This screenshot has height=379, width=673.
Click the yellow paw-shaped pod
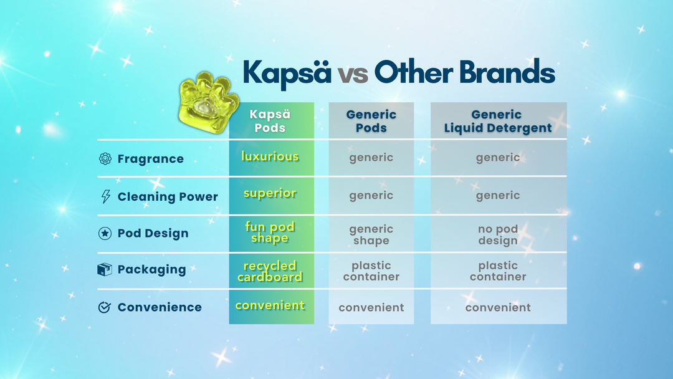(x=209, y=103)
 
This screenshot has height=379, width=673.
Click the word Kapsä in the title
(x=287, y=73)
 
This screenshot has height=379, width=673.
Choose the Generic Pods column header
(x=371, y=121)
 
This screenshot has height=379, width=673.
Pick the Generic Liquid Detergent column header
(x=498, y=121)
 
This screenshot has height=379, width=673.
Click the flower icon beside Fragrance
(x=105, y=159)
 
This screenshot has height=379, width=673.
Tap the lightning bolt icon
(x=105, y=196)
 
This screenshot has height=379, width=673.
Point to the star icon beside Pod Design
(x=105, y=233)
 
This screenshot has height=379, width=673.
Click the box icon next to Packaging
(x=105, y=269)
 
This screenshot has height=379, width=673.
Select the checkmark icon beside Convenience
(x=105, y=307)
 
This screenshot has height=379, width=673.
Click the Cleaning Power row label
(x=168, y=196)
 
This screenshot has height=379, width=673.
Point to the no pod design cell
(x=498, y=234)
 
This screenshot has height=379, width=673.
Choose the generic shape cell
(x=371, y=234)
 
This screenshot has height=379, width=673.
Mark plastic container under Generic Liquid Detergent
(x=498, y=271)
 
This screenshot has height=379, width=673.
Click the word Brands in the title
(x=507, y=72)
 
